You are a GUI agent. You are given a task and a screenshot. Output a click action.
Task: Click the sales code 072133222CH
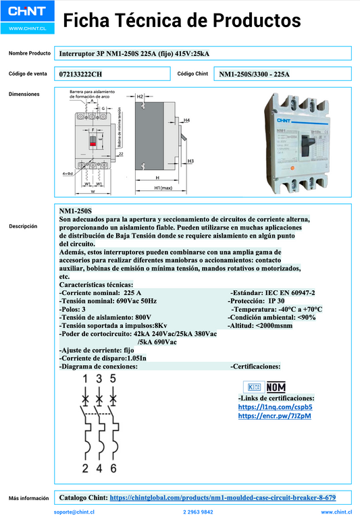point(81,74)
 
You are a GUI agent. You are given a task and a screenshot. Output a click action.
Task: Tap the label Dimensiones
point(24,94)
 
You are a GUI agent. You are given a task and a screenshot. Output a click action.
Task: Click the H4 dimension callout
point(186,120)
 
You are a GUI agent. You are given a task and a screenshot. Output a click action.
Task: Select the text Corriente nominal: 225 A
point(101,293)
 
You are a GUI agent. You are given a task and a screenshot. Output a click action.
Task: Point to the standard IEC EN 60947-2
point(272,293)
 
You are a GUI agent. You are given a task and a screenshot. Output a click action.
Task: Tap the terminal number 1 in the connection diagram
point(86,379)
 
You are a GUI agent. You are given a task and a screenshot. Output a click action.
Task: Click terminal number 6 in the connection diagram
point(113,468)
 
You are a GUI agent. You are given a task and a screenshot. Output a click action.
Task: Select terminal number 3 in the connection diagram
point(99,379)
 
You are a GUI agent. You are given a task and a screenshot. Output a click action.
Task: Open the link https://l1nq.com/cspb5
point(265,408)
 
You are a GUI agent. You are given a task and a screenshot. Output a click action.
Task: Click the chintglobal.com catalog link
point(222,497)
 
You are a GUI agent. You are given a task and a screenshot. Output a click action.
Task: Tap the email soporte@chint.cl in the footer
point(74,512)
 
